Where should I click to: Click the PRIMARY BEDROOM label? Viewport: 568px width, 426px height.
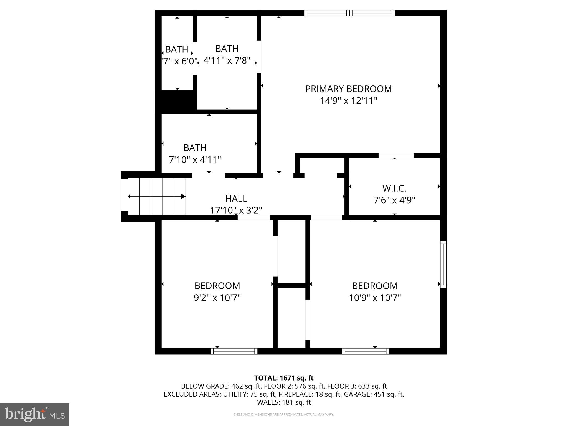(x=348, y=89)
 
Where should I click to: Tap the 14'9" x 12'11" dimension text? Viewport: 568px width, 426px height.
(x=349, y=101)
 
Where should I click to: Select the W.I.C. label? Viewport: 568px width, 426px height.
(x=394, y=188)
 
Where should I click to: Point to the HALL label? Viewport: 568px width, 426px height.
(x=236, y=198)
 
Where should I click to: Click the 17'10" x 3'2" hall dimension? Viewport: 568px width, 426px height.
(x=236, y=210)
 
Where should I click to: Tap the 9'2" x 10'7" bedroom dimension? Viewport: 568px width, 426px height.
(x=217, y=298)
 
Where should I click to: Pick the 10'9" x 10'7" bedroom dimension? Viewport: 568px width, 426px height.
(x=375, y=298)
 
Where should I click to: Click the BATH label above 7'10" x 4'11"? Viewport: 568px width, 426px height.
(x=195, y=148)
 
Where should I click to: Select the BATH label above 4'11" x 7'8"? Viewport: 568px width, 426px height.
(x=227, y=49)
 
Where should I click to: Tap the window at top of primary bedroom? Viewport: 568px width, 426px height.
(x=349, y=13)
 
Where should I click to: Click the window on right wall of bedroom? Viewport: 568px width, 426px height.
(x=443, y=264)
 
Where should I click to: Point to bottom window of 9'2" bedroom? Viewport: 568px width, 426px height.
(x=234, y=351)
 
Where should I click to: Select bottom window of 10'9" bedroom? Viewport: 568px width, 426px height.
(x=365, y=351)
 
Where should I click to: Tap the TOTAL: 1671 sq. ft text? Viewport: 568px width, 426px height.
(x=284, y=378)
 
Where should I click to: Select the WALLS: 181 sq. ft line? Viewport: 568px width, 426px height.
(x=284, y=402)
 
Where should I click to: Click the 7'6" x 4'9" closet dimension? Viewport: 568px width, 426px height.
(x=394, y=200)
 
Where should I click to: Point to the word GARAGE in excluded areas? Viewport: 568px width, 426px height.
(x=356, y=394)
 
